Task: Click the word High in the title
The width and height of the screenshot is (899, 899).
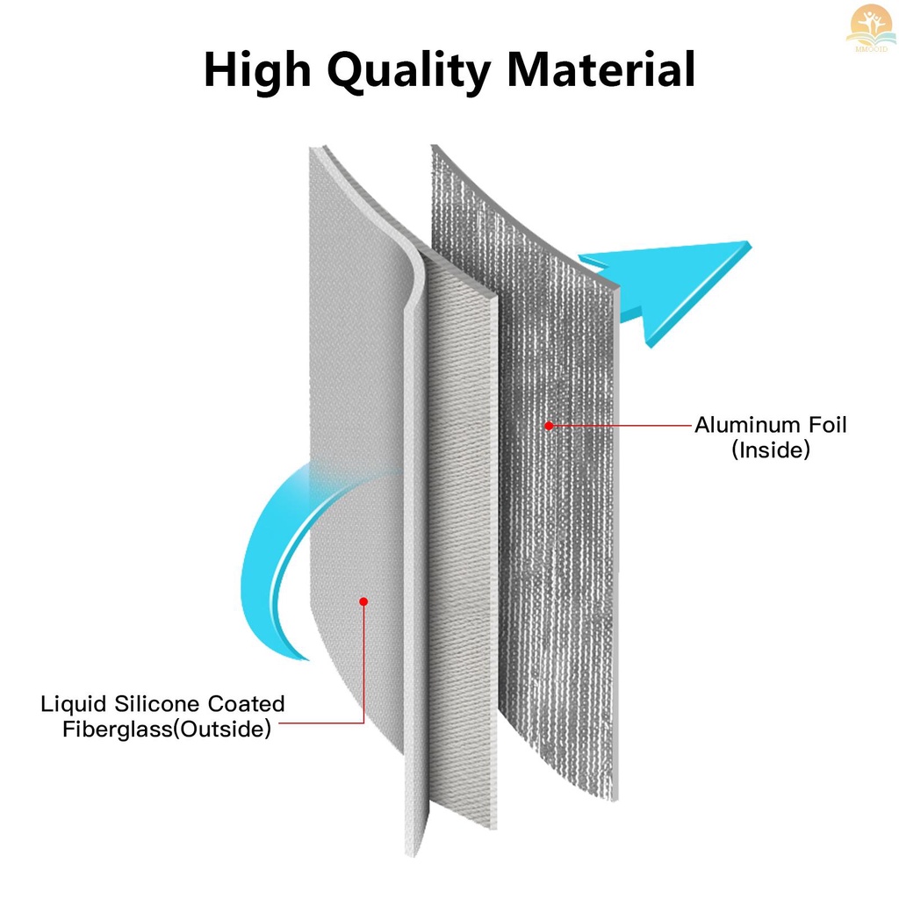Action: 257,70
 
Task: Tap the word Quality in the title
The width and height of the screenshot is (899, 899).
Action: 409,70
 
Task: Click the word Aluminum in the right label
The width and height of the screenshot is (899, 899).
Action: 747,425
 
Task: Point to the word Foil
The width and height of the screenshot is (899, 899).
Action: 827,425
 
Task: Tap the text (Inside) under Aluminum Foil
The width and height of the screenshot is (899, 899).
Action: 771,450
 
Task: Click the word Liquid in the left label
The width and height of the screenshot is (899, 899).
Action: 74,705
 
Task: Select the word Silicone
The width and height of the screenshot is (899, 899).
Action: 156,703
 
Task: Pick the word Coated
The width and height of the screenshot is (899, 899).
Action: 246,703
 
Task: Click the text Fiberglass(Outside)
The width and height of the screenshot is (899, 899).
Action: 166,730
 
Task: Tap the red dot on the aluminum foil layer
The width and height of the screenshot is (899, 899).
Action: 549,426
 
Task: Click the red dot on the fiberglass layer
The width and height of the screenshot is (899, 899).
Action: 363,601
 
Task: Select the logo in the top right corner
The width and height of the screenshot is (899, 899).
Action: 871,27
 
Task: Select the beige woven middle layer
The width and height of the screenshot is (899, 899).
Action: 462,544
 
